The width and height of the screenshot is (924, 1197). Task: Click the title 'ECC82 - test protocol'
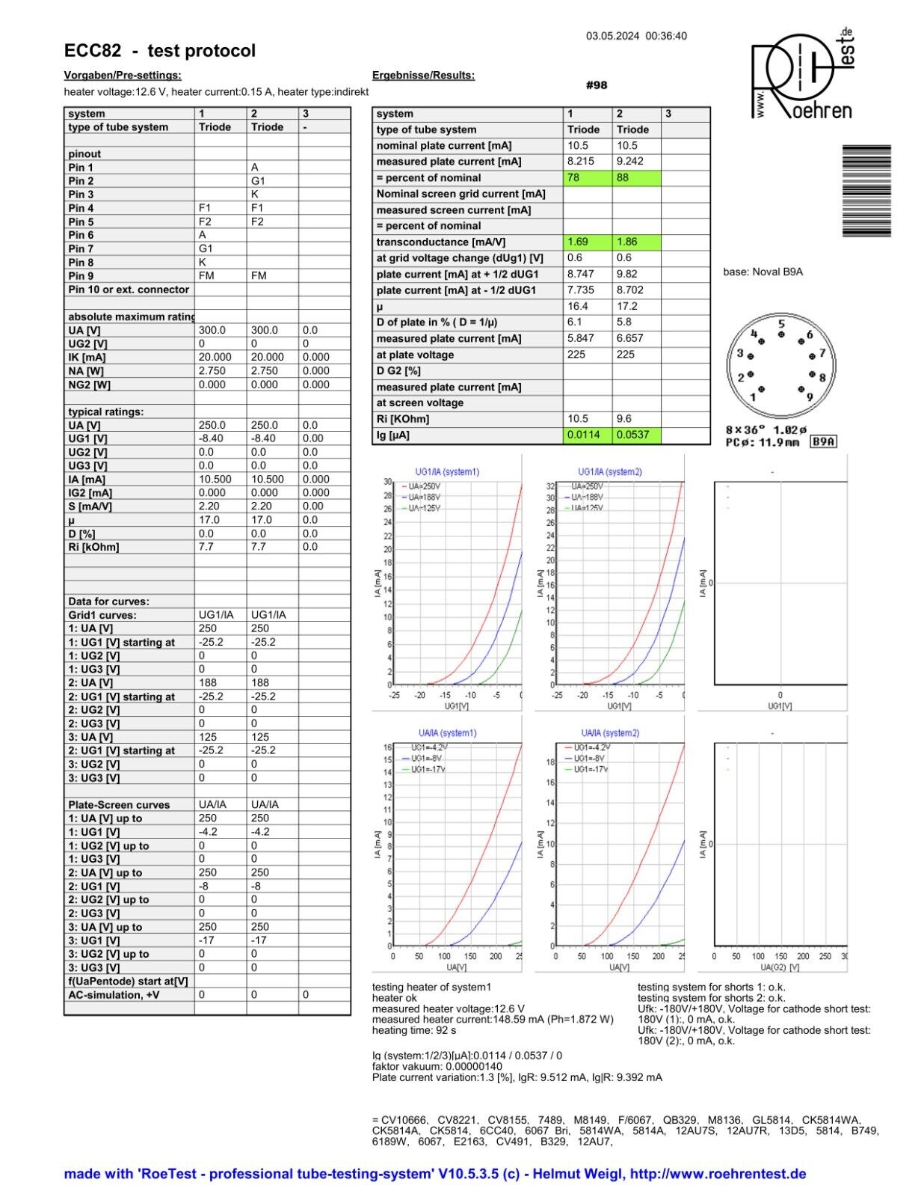(x=160, y=51)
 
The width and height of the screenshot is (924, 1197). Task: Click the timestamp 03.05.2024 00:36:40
(x=635, y=36)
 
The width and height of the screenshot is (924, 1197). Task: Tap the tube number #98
(x=597, y=85)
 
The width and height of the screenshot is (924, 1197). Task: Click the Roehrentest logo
(x=801, y=75)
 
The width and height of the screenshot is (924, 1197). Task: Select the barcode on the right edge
(x=866, y=191)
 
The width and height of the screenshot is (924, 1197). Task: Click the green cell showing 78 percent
(x=587, y=178)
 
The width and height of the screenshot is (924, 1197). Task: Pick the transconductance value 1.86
(x=636, y=242)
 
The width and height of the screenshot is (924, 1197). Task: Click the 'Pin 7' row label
(x=81, y=248)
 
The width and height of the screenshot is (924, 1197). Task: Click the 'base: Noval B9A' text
(x=763, y=272)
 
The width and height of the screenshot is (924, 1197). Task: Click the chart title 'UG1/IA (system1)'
(x=447, y=472)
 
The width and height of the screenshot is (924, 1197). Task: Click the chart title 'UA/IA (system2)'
(x=610, y=733)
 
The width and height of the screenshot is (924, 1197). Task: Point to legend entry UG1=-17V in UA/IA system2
(x=591, y=769)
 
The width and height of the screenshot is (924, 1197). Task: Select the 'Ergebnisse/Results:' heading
(x=423, y=75)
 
